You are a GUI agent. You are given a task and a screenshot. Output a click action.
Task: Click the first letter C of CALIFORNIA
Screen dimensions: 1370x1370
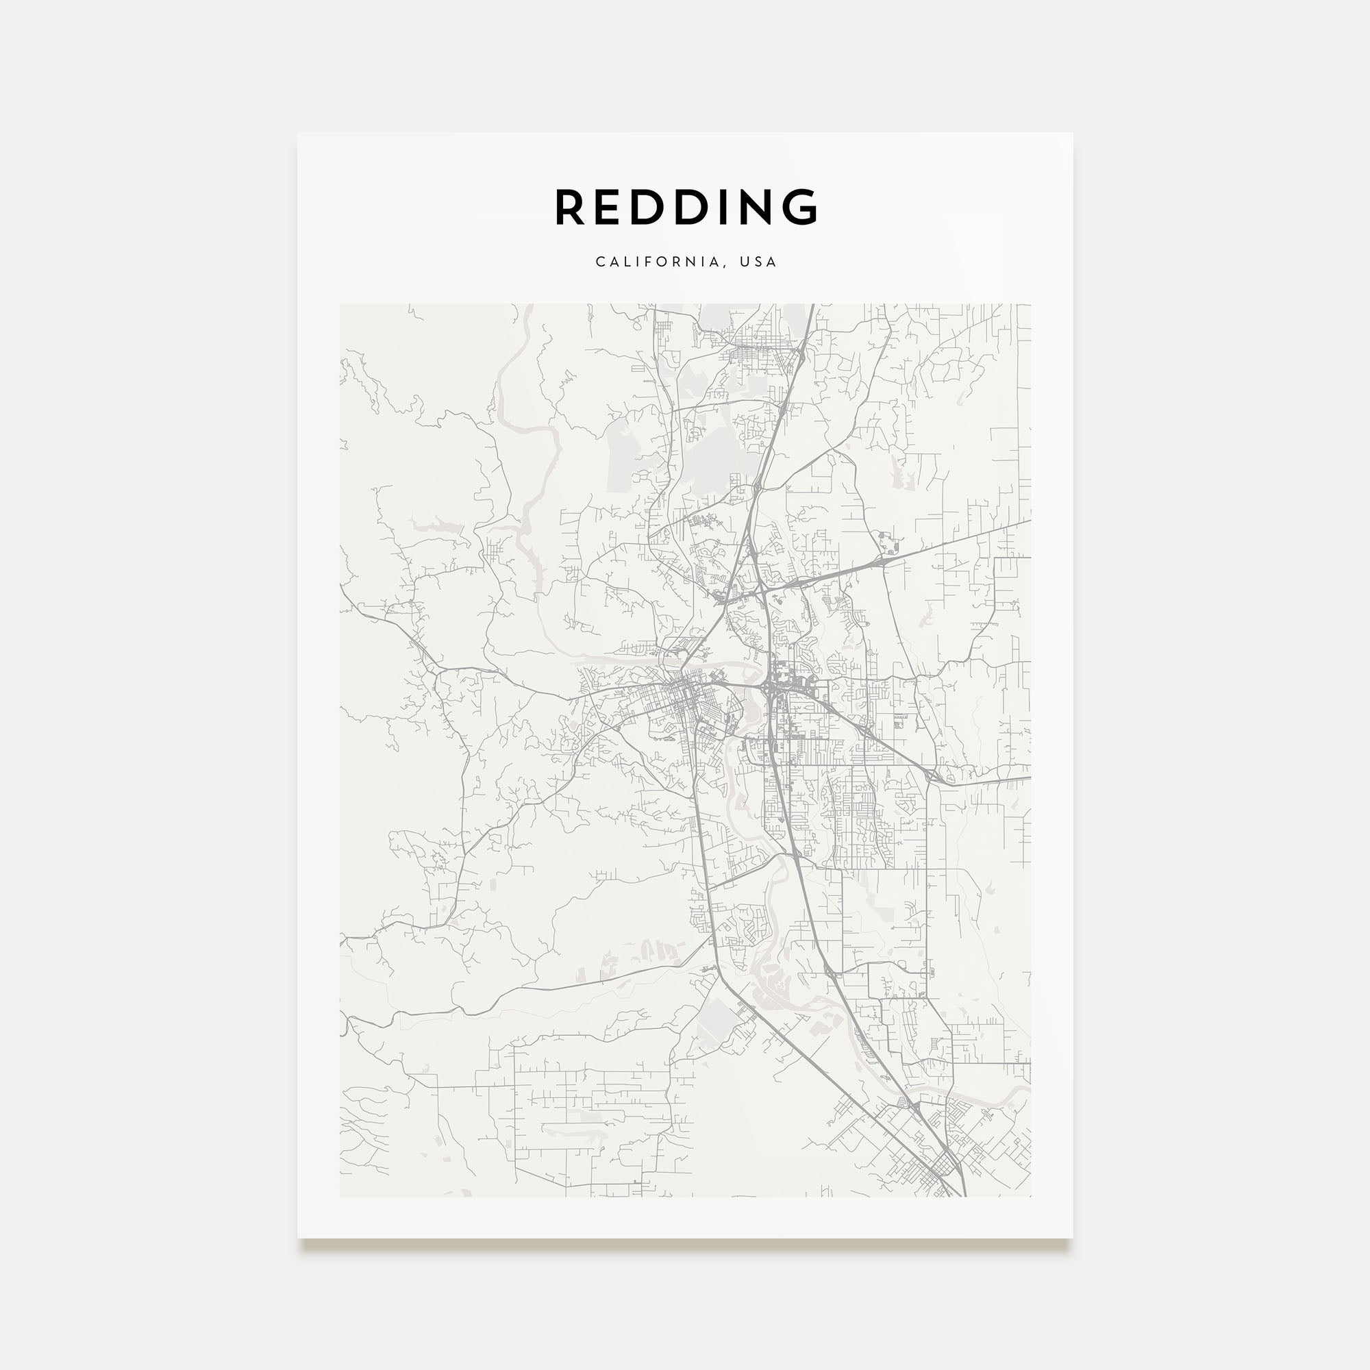pos(599,262)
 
